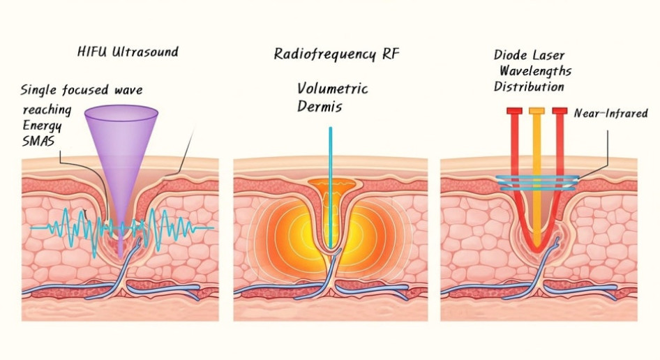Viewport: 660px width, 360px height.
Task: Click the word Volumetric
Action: click(332, 89)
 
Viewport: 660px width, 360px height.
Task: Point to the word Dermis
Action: click(320, 107)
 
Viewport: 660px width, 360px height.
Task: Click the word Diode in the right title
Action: click(511, 55)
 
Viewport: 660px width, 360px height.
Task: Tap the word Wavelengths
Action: click(535, 71)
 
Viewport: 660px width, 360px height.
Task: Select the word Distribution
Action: click(529, 87)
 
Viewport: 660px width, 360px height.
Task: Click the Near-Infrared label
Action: click(610, 113)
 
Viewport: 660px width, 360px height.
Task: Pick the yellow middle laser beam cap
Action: click(537, 111)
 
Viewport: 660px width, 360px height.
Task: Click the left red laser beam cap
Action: click(514, 111)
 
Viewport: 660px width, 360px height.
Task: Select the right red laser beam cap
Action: click(560, 111)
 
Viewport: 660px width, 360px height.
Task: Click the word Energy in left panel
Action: click(43, 126)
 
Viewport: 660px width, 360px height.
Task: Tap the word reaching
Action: click(47, 110)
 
